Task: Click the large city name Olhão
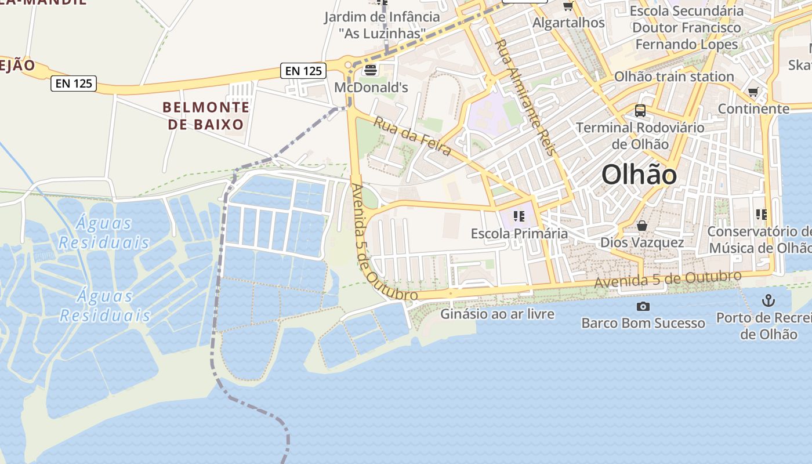639,175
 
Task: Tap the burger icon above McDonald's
370,70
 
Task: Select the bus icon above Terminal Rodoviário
640,110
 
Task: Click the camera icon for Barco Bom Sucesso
643,306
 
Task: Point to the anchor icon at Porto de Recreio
768,300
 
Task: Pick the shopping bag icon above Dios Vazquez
641,225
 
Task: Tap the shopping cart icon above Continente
753,92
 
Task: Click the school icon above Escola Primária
519,216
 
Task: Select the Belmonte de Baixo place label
206,115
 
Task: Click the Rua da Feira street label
412,136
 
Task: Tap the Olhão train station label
674,77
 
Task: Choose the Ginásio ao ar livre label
498,314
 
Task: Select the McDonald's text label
371,88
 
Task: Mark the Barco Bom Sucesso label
643,323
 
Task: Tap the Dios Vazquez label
642,242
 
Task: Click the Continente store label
753,108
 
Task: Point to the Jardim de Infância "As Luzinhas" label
382,25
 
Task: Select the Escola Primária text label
519,234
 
